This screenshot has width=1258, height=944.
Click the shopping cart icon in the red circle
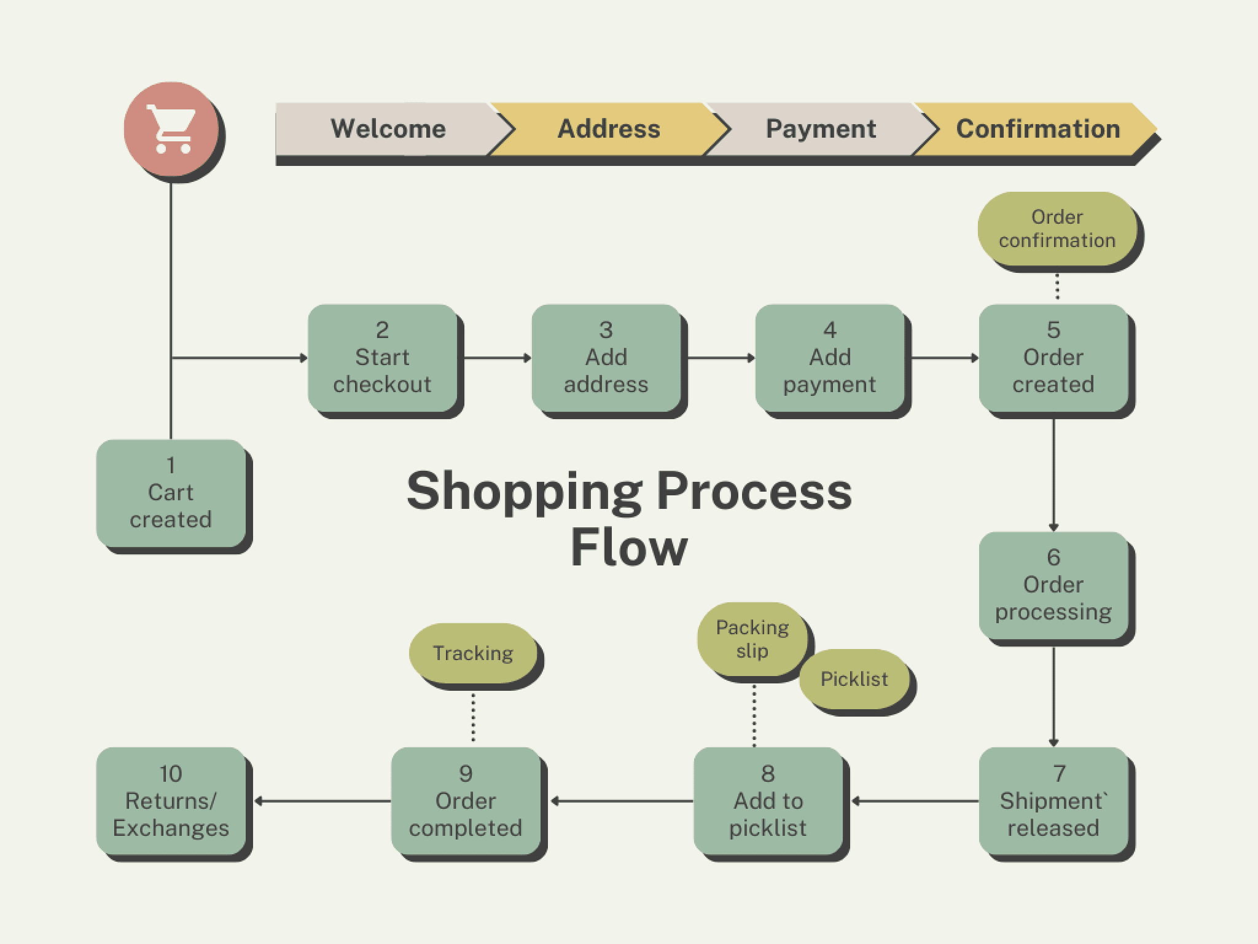(x=171, y=129)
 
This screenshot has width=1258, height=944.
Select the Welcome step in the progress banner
(x=388, y=129)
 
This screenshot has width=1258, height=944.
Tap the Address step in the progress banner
(x=608, y=129)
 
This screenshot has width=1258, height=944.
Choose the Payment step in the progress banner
(x=821, y=129)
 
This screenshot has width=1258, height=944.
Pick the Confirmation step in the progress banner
(x=1037, y=129)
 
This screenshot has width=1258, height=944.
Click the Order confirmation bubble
(x=1057, y=229)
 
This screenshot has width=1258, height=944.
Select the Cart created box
(x=171, y=493)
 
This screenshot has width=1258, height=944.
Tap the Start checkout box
(x=382, y=358)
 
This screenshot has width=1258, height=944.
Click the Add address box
(x=606, y=358)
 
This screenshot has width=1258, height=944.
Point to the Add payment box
(x=829, y=358)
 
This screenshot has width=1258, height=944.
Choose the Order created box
(x=1053, y=358)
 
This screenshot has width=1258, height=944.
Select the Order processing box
(x=1053, y=585)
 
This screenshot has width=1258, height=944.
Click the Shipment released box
(x=1053, y=801)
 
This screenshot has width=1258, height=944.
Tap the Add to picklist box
(x=768, y=801)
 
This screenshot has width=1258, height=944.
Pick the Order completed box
(x=466, y=801)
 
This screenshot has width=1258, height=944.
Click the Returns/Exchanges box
(x=171, y=801)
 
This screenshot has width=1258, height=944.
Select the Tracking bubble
(x=472, y=653)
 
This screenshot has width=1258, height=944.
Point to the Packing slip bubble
(x=752, y=639)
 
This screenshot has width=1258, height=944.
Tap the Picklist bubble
(x=854, y=679)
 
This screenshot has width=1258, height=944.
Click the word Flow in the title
(x=629, y=547)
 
